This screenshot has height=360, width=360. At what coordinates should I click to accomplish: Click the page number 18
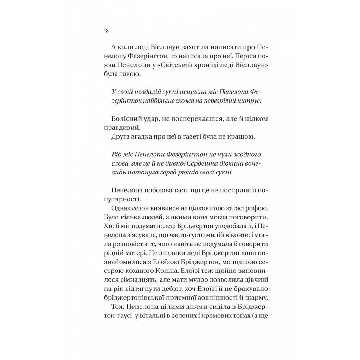tap(106, 31)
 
